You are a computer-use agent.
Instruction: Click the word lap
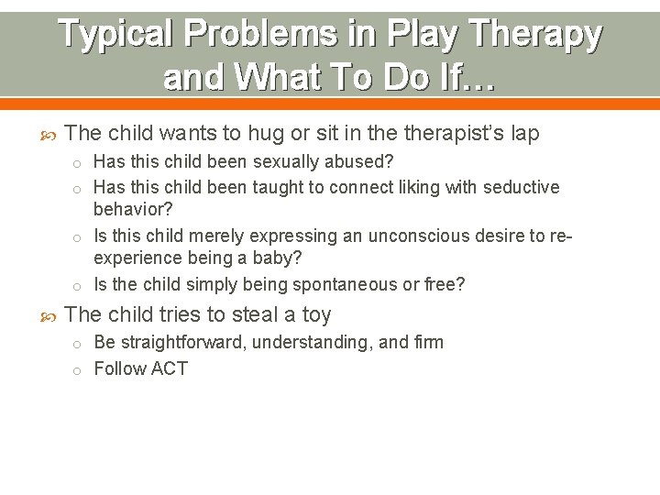[523, 134]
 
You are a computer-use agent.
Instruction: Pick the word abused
[362, 162]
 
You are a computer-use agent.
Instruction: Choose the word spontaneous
[347, 285]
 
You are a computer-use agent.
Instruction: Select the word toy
[315, 315]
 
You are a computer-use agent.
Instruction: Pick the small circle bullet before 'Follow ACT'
[80, 370]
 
